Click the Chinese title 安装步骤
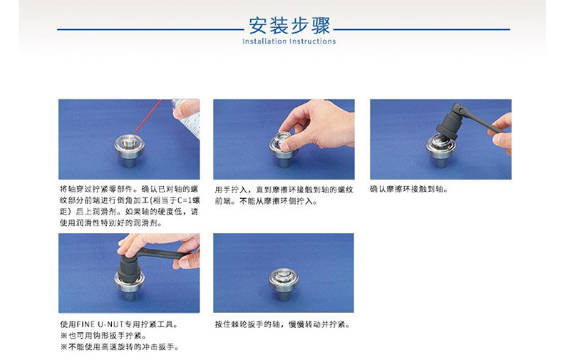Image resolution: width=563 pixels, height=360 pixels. coord(289,25)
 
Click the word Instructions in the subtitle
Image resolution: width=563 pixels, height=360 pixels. coord(313,41)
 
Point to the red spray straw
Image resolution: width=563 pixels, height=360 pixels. coord(148,115)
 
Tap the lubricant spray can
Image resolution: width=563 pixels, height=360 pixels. coord(187,118)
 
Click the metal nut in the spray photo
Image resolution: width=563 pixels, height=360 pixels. coord(129,151)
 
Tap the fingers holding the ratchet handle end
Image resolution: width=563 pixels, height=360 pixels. coord(502,133)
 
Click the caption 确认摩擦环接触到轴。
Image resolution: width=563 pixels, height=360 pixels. coord(409,190)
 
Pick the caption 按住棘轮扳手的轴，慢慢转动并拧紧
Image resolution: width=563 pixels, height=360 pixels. coord(282,324)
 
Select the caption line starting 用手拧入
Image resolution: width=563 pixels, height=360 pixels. coord(284,190)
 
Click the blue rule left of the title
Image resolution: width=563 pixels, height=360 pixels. coord(150,29)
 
